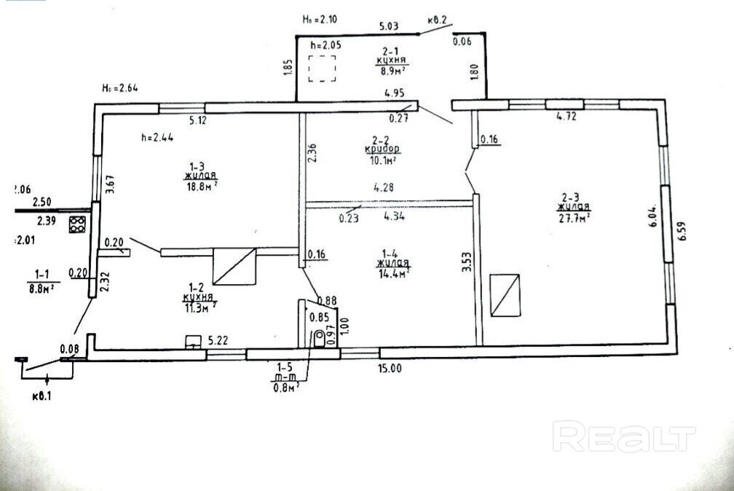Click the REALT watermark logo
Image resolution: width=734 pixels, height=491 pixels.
click(x=624, y=436)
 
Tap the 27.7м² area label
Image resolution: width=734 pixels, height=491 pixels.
click(x=575, y=216)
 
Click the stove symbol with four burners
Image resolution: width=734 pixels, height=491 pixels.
click(x=77, y=225)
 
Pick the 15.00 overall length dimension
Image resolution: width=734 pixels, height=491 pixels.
click(x=390, y=368)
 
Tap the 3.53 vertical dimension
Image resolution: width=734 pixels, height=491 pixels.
click(x=466, y=262)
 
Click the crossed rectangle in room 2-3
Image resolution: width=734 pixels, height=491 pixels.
click(x=505, y=295)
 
